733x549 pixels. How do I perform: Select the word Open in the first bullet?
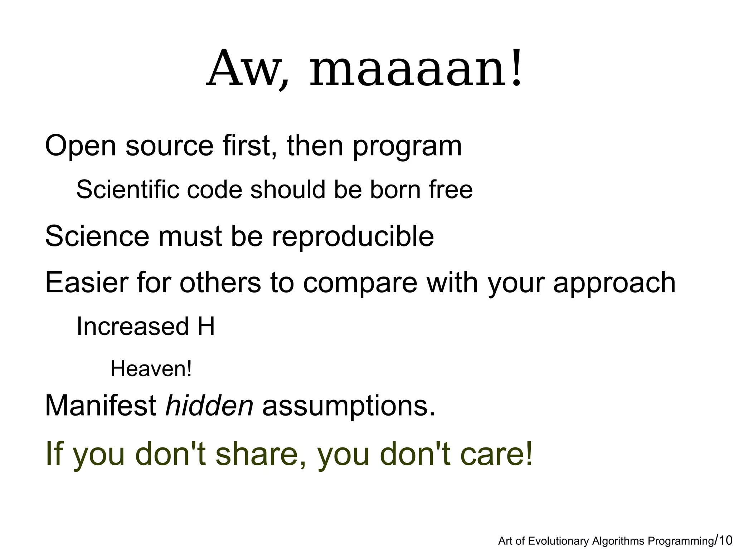[x=81, y=146]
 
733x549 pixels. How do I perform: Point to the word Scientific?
[x=127, y=190]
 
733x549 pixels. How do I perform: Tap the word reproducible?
[x=353, y=237]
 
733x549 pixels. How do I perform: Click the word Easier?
[x=86, y=283]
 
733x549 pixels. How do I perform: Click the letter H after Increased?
[x=206, y=326]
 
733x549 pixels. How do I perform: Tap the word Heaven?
[x=151, y=369]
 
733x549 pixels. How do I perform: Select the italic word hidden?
[x=209, y=406]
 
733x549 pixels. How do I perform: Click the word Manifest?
[x=101, y=406]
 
